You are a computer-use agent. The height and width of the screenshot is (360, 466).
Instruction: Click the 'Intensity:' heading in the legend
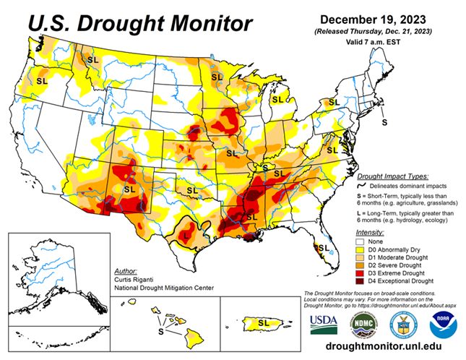370,231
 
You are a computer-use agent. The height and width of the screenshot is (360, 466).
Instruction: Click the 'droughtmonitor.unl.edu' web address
383,348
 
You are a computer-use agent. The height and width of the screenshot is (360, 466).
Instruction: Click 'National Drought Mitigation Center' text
165,286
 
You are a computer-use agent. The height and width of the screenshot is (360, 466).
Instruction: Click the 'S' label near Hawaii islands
161,331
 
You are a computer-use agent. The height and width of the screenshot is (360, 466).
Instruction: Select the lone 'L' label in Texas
186,236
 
